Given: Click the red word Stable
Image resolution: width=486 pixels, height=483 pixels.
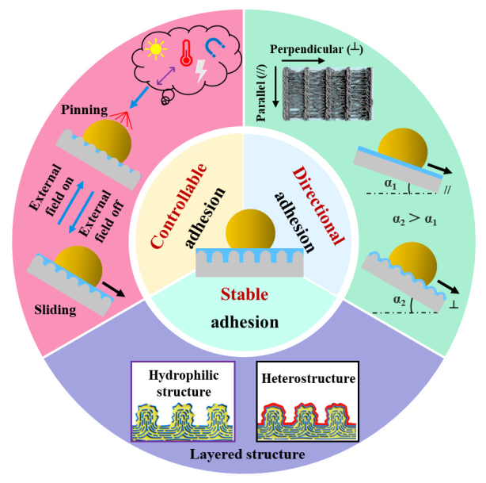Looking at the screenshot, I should [x=245, y=294].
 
